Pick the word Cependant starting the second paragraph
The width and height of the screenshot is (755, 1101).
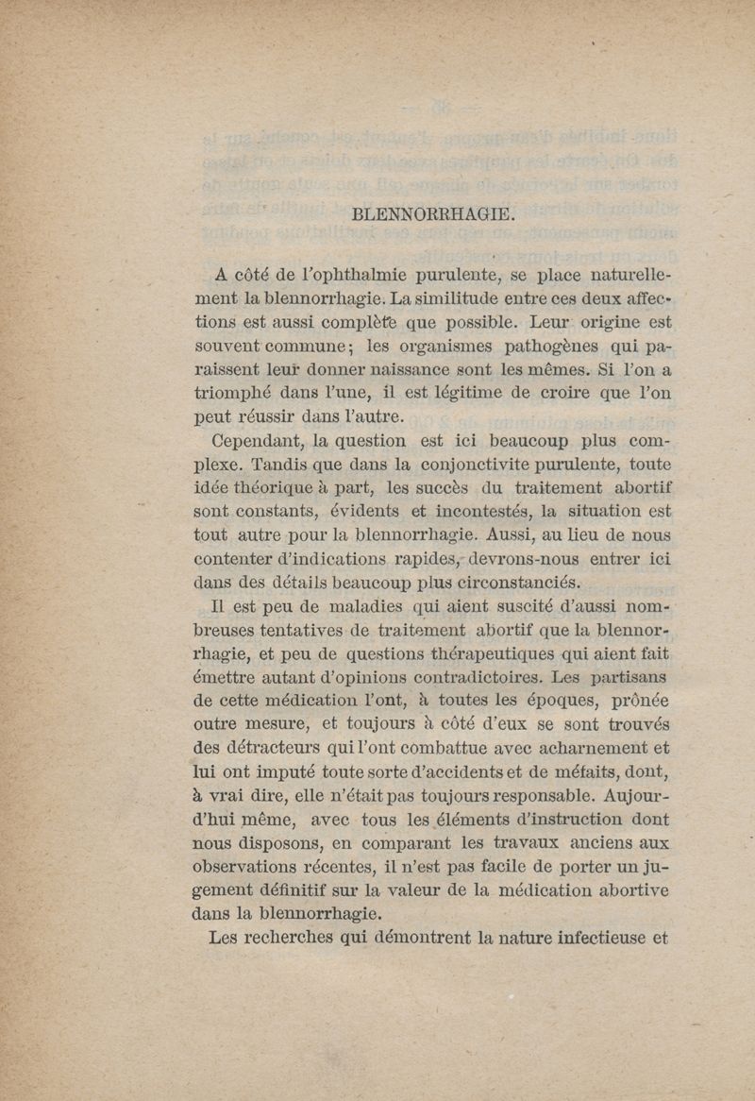256,440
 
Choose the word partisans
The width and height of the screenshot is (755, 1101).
629,677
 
